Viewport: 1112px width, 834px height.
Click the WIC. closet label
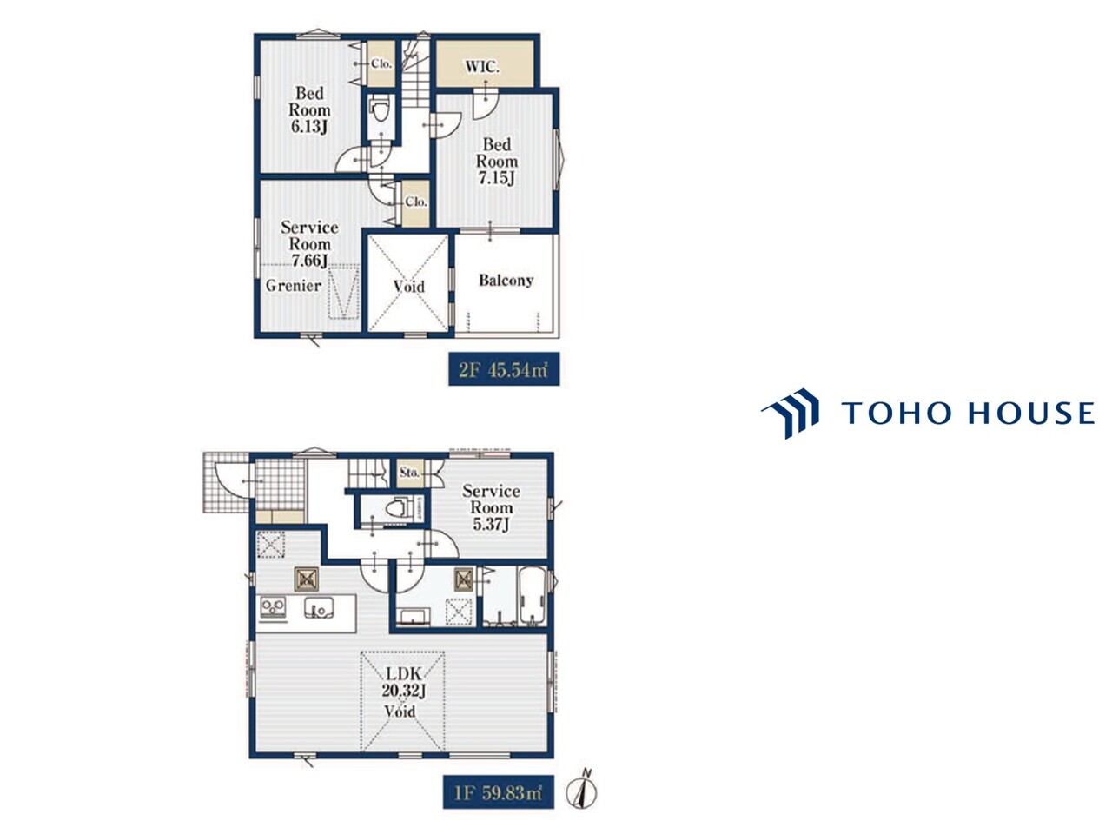[481, 66]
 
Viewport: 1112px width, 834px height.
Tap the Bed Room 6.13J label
[309, 109]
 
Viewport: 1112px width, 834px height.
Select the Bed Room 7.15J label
[496, 161]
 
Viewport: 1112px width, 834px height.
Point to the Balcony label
[506, 280]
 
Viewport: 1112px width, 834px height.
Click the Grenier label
[294, 286]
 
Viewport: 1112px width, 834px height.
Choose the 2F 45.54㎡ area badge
[504, 369]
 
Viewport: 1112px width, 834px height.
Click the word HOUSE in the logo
[1031, 413]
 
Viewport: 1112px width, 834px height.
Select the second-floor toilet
[380, 109]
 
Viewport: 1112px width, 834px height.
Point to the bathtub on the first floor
[532, 596]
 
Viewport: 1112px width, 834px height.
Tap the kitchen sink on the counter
[319, 607]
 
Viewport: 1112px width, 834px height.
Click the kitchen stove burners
[273, 607]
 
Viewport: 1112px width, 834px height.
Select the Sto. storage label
[409, 473]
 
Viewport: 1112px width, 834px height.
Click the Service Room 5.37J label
[491, 507]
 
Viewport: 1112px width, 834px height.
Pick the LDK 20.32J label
[403, 682]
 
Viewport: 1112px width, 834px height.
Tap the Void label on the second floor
[408, 286]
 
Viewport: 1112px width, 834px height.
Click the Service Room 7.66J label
[309, 243]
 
